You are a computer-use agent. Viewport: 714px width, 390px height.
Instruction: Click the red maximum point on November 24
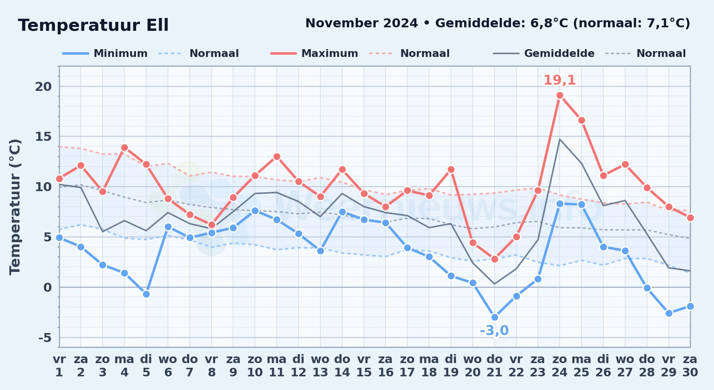[x=560, y=96]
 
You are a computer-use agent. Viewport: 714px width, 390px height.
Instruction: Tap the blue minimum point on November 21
[x=495, y=317]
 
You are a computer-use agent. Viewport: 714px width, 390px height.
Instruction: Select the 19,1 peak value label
[x=560, y=80]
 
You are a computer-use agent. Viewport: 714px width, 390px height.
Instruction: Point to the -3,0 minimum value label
[x=494, y=331]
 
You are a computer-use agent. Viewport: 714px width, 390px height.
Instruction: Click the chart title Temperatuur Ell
[x=94, y=25]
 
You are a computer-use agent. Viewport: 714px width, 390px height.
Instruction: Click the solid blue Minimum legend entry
[x=105, y=53]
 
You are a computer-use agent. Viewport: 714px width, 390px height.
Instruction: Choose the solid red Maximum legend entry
[x=314, y=53]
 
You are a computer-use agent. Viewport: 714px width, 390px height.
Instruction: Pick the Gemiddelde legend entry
[x=544, y=53]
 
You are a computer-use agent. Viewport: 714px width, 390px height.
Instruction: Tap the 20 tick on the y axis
[x=43, y=87]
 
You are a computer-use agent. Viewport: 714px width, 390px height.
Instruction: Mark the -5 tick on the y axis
[x=45, y=337]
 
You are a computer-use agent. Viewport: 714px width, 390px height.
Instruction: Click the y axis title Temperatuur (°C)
[x=15, y=207]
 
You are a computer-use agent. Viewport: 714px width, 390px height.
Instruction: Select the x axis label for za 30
[x=690, y=366]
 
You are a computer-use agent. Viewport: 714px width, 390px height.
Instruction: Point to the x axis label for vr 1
[x=59, y=366]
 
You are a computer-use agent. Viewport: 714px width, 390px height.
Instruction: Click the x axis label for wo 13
[x=320, y=366]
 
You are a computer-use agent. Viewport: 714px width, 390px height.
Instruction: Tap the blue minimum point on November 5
[x=146, y=294]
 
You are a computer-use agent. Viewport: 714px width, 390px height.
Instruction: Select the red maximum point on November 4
[x=124, y=148]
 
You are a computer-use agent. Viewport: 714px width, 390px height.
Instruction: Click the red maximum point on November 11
[x=277, y=157]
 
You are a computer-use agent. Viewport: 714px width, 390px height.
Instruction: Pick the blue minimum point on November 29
[x=669, y=313]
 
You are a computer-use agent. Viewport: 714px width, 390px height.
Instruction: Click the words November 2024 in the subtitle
[x=362, y=23]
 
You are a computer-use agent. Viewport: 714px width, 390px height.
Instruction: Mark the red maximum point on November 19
[x=451, y=170]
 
